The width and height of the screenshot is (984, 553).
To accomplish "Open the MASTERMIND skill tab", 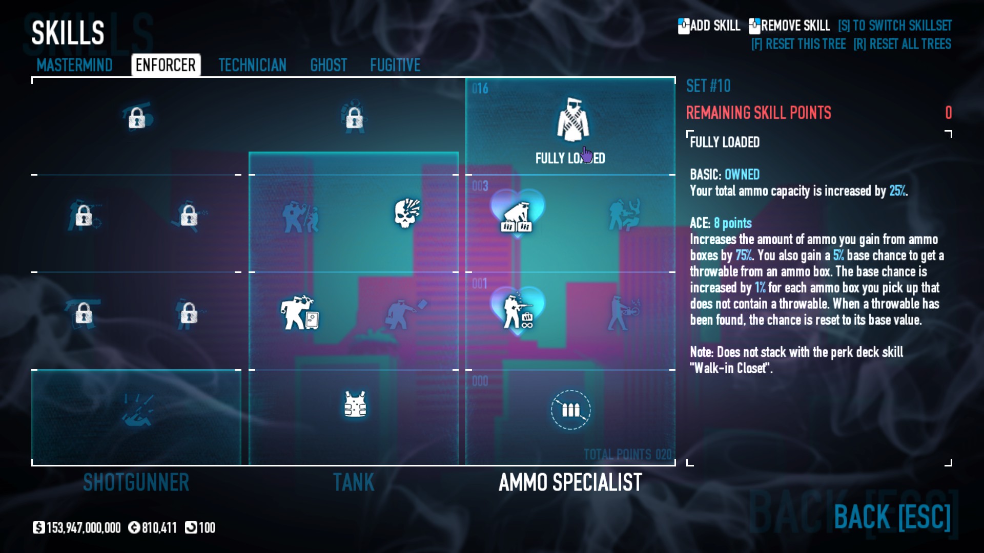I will click(x=74, y=66).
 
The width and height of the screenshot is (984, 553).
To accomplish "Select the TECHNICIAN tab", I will click(x=252, y=66).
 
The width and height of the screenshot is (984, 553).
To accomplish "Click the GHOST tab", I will click(x=329, y=66).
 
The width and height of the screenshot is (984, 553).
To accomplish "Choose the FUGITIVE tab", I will click(x=395, y=66).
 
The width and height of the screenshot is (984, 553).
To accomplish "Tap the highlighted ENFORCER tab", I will click(x=166, y=66).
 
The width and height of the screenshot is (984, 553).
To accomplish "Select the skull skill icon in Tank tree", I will click(x=407, y=213).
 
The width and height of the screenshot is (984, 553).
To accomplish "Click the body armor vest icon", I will click(x=355, y=405).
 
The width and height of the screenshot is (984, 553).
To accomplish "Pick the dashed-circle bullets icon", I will click(x=570, y=410).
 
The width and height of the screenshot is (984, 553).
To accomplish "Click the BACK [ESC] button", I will click(x=892, y=517).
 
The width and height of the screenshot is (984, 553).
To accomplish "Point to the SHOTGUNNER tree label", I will click(x=136, y=482).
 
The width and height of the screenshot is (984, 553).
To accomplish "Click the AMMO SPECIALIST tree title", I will click(x=570, y=482).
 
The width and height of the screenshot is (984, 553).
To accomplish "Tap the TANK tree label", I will click(x=354, y=482).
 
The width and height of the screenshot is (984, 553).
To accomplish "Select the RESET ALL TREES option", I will click(x=903, y=44).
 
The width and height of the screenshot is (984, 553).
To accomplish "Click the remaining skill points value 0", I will click(x=948, y=113).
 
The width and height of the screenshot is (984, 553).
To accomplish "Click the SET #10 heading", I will click(x=708, y=86).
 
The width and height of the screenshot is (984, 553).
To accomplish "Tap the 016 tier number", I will click(x=480, y=89).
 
